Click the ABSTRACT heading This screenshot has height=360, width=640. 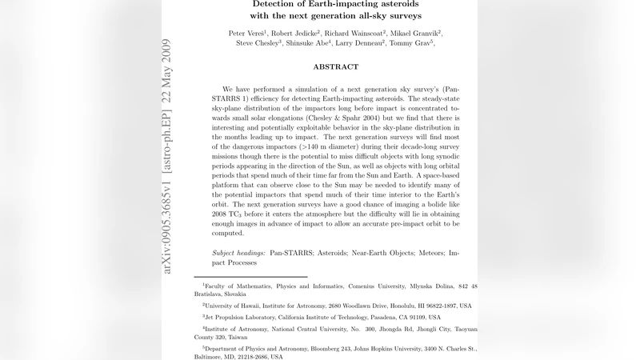tap(335, 67)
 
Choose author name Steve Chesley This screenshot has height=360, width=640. tap(257, 43)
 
